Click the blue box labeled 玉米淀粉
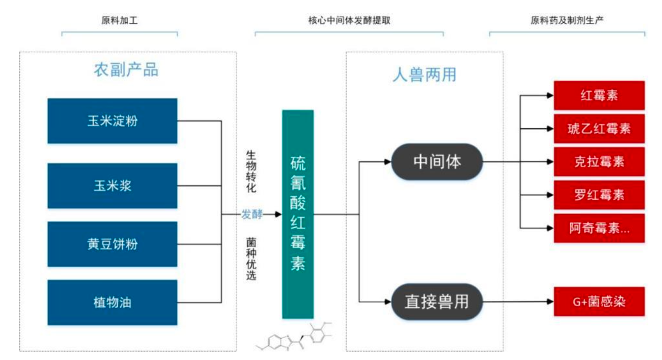pyautogui.click(x=112, y=121)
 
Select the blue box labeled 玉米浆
pyautogui.click(x=112, y=186)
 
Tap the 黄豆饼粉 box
pyautogui.click(x=112, y=244)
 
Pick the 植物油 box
pyautogui.click(x=112, y=303)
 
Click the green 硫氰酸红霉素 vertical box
pyautogui.click(x=298, y=214)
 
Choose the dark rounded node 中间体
pyautogui.click(x=437, y=162)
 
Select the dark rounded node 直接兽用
pyautogui.click(x=437, y=302)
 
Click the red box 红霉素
pyautogui.click(x=599, y=95)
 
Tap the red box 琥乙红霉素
pyautogui.click(x=599, y=128)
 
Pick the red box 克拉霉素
pyautogui.click(x=599, y=162)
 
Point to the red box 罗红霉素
pyautogui.click(x=599, y=195)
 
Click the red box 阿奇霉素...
pyautogui.click(x=599, y=228)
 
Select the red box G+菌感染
pyautogui.click(x=599, y=302)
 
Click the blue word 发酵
pyautogui.click(x=252, y=214)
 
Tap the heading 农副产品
pyautogui.click(x=126, y=70)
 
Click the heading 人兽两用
pyautogui.click(x=424, y=75)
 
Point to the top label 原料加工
pyautogui.click(x=120, y=21)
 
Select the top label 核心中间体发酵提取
pyautogui.click(x=349, y=21)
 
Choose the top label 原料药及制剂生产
pyautogui.click(x=567, y=21)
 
